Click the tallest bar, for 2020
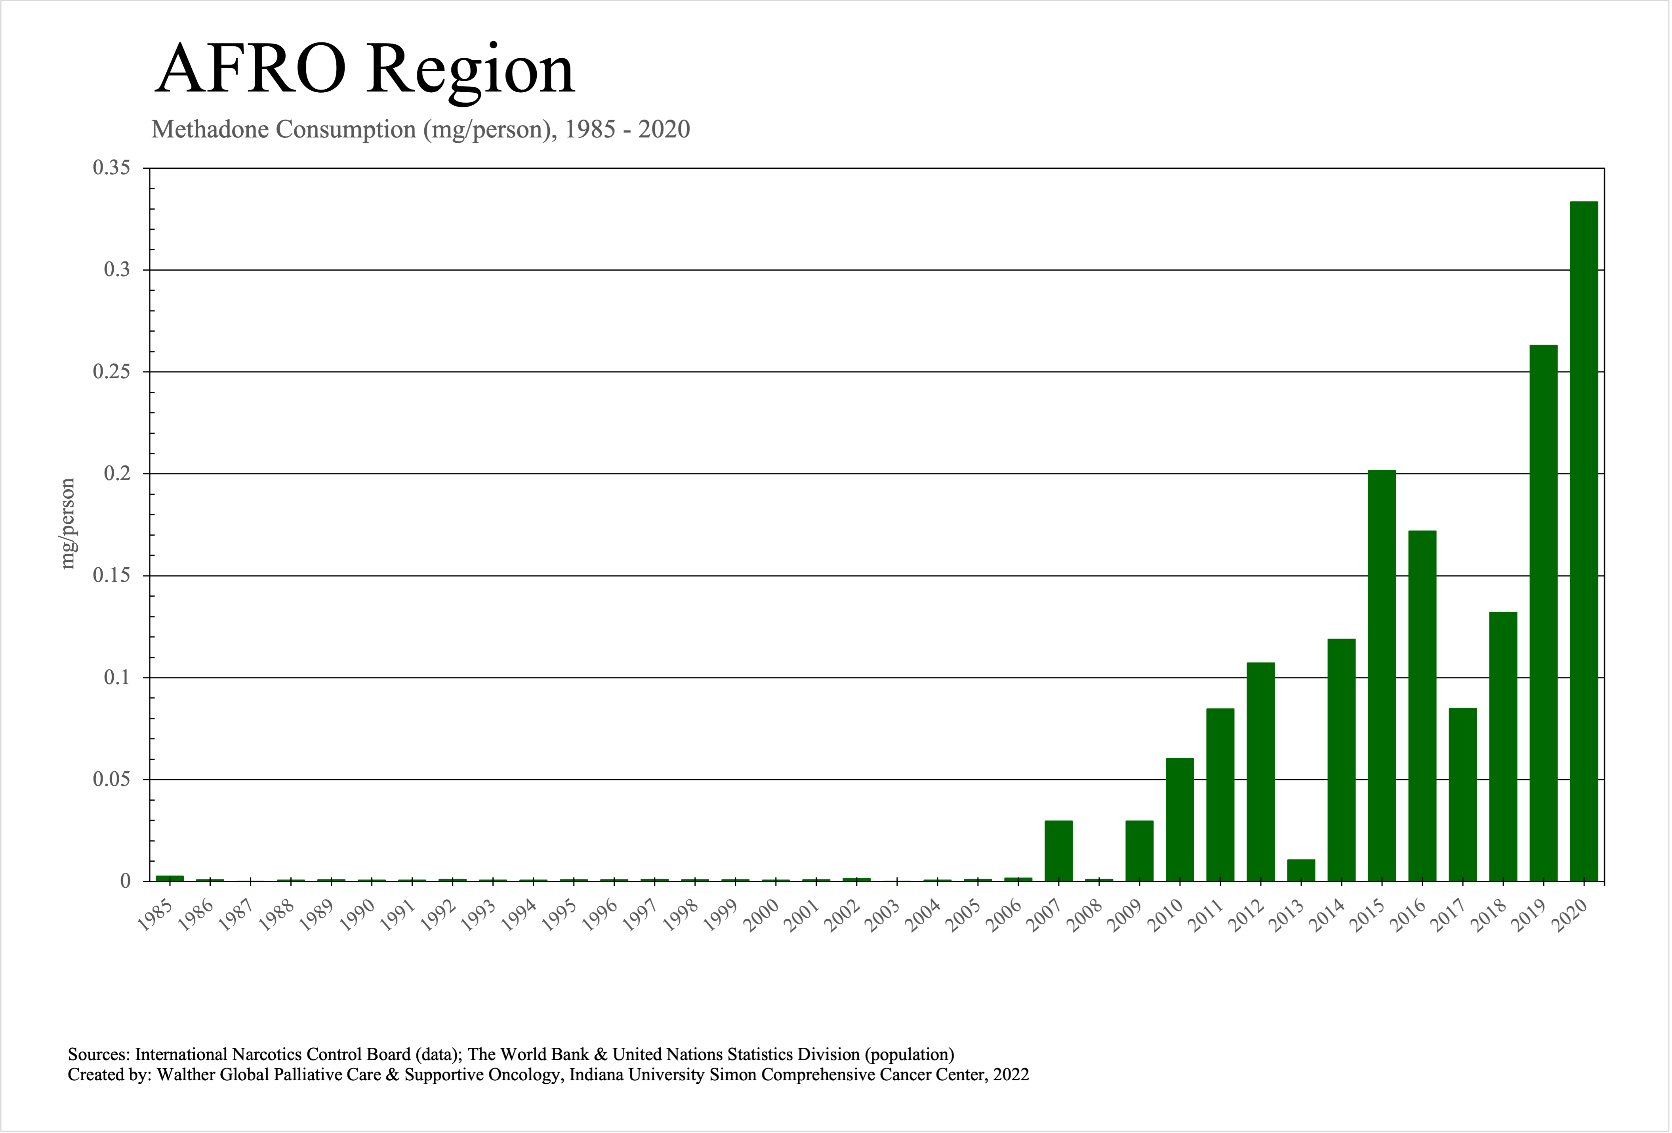(1584, 541)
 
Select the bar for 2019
(1543, 613)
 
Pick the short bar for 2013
(1301, 870)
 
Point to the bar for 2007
(1058, 851)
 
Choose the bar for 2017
(1462, 795)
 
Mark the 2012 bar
(1260, 772)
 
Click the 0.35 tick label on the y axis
(112, 168)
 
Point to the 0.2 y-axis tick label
(117, 473)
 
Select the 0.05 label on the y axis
(112, 779)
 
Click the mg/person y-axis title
(68, 524)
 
